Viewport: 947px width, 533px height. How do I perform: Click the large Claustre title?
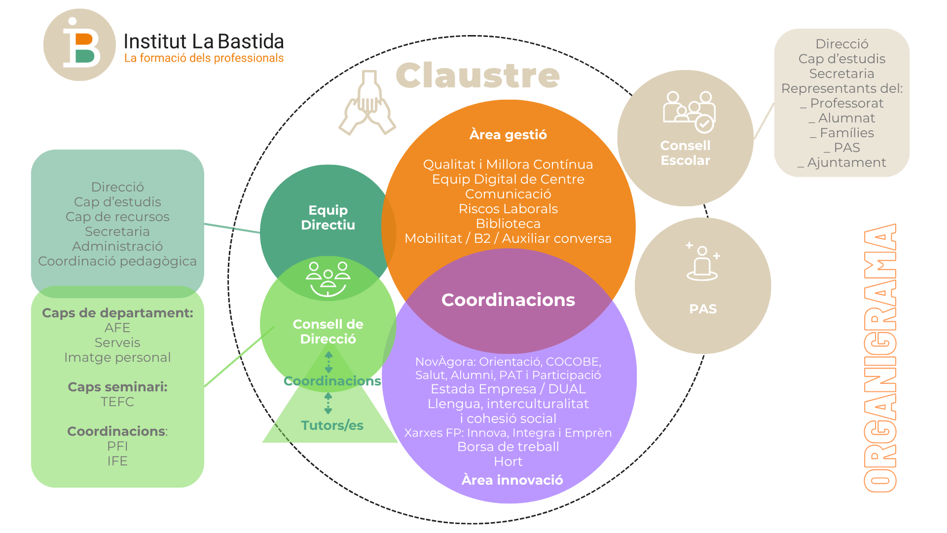point(477,76)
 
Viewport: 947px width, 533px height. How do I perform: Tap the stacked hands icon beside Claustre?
point(367,104)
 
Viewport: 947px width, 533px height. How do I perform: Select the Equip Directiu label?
point(328,218)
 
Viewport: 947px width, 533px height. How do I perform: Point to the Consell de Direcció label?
point(328,332)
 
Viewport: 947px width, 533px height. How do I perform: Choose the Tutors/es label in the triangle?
point(332,425)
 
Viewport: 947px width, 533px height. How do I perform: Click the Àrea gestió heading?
point(508,135)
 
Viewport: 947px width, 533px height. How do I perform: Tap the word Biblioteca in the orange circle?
point(508,224)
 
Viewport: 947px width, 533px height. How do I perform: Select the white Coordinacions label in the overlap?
point(508,300)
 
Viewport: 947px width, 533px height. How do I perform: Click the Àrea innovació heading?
point(512,480)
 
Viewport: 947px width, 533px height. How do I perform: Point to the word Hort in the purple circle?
point(508,462)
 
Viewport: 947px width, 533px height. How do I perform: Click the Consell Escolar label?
point(685,153)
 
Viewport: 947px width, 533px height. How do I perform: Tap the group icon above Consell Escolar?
point(689,112)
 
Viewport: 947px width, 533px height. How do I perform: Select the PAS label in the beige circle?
point(703,309)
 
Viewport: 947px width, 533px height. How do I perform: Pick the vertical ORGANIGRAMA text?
point(880,358)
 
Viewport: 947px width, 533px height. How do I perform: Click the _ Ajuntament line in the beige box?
point(842,162)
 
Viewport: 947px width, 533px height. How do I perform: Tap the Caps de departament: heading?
point(117,313)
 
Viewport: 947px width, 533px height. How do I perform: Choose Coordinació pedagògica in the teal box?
point(117,261)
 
